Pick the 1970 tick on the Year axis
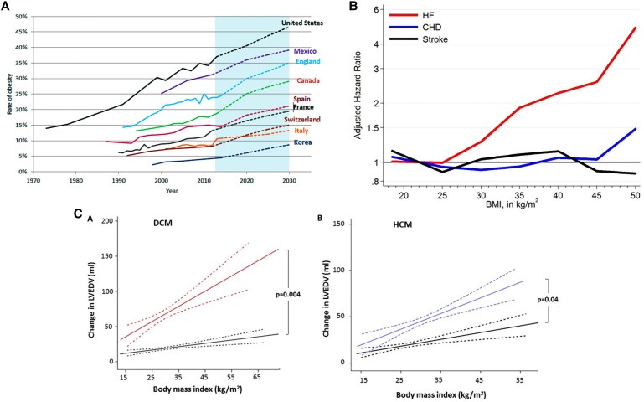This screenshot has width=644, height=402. tap(34, 178)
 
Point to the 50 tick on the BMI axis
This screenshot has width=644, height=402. tap(630, 194)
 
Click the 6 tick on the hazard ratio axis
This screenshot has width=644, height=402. tap(354, 10)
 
